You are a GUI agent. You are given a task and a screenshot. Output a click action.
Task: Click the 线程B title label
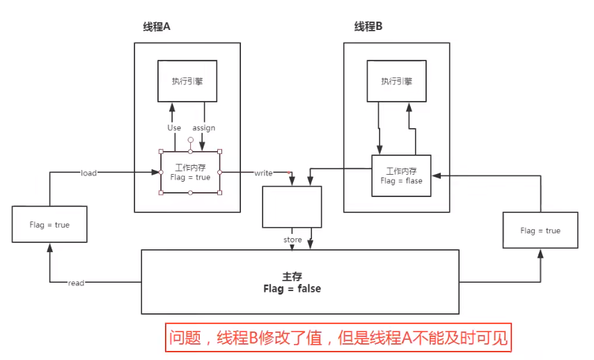368,26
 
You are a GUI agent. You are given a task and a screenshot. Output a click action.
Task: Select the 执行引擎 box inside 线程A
187,81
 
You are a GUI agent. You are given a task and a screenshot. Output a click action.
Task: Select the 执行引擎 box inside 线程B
396,81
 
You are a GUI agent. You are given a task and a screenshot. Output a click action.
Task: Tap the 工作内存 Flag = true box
190,172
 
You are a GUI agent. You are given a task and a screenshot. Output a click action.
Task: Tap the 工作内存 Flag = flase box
400,175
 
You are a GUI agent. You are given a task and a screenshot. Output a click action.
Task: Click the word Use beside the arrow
174,127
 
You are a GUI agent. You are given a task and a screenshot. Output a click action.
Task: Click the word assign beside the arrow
204,127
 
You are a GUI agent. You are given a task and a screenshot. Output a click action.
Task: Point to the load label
89,173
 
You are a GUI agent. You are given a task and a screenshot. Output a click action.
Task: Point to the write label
263,172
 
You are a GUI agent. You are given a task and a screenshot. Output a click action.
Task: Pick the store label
292,240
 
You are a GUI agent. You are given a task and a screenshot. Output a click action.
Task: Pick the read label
77,282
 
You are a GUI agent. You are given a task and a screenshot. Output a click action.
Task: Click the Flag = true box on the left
49,225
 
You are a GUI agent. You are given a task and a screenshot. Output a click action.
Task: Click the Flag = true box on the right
540,230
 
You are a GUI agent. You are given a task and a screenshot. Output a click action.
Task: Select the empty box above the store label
292,206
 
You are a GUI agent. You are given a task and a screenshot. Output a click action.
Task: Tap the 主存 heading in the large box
292,276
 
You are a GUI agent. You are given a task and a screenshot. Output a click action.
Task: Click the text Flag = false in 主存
292,288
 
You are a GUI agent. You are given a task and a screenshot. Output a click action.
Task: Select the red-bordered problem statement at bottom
338,338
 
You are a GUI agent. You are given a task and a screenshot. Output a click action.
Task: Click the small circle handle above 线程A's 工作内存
190,140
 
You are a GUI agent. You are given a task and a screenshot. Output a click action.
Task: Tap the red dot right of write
290,172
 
